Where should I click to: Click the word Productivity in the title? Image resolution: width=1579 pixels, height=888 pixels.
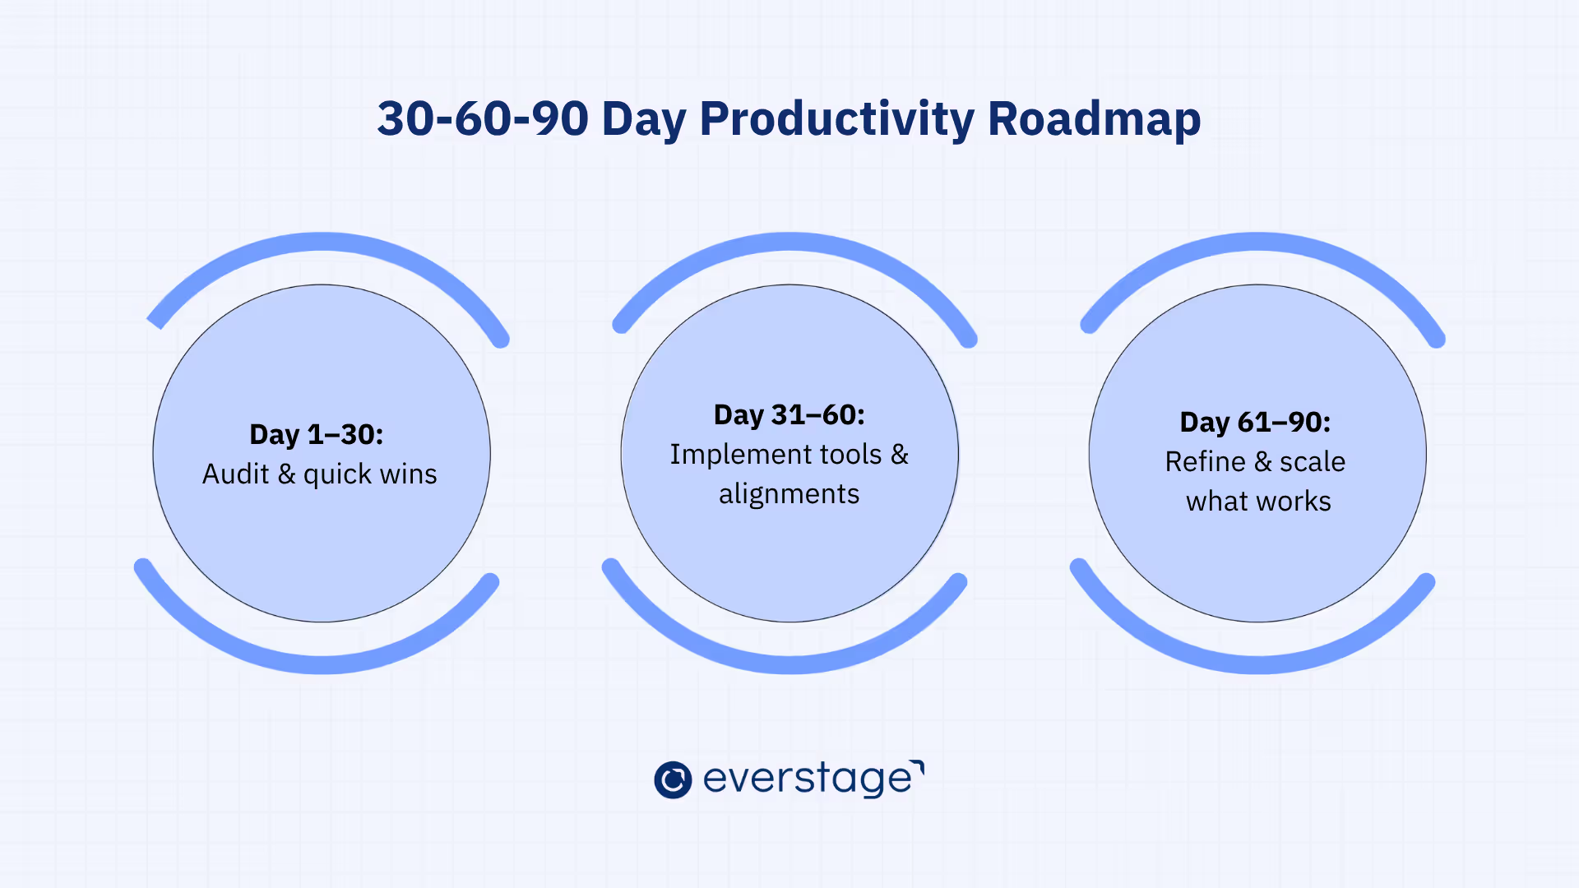(836, 119)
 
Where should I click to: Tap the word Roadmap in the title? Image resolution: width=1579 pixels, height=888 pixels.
(1095, 119)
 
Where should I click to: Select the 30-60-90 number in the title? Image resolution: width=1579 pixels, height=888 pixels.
(483, 118)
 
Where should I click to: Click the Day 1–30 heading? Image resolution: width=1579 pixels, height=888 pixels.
(317, 434)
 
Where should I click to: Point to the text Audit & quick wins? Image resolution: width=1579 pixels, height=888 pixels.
(320, 474)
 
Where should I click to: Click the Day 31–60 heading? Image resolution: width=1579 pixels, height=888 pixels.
(789, 414)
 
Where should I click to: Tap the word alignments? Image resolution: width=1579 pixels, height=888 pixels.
(789, 493)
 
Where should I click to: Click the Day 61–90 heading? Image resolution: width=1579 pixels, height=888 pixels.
(1255, 422)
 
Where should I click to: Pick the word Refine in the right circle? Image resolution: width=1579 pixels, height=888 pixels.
(1206, 461)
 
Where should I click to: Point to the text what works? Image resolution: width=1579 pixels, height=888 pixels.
(1258, 501)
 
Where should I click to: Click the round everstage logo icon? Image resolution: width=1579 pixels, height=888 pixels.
(673, 779)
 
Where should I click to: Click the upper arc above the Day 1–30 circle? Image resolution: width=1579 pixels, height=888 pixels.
(323, 241)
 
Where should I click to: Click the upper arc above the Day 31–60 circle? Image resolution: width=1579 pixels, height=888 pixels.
(790, 241)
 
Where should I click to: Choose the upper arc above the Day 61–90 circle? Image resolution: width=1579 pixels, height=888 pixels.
(1258, 241)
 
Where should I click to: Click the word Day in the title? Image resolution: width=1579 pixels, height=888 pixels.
(644, 120)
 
